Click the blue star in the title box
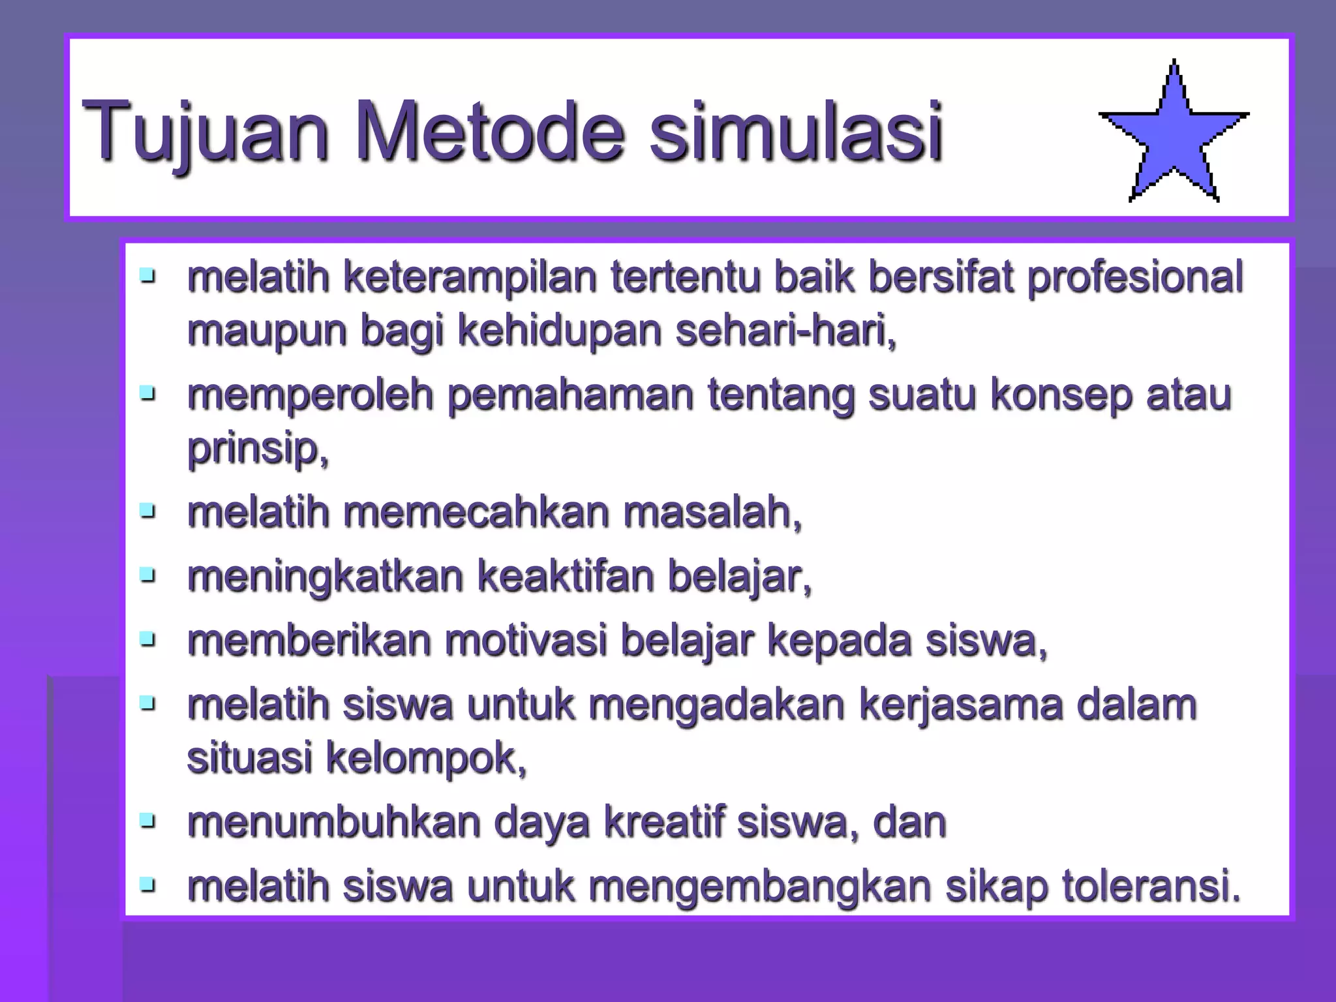click(x=1174, y=137)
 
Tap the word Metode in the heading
click(x=490, y=130)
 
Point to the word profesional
click(x=1135, y=277)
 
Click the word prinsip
click(x=257, y=449)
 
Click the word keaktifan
click(x=566, y=577)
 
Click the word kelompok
click(x=425, y=758)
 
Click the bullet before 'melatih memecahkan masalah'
click(x=148, y=510)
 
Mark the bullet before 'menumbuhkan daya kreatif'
click(x=148, y=820)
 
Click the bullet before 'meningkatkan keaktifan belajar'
click(x=148, y=575)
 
